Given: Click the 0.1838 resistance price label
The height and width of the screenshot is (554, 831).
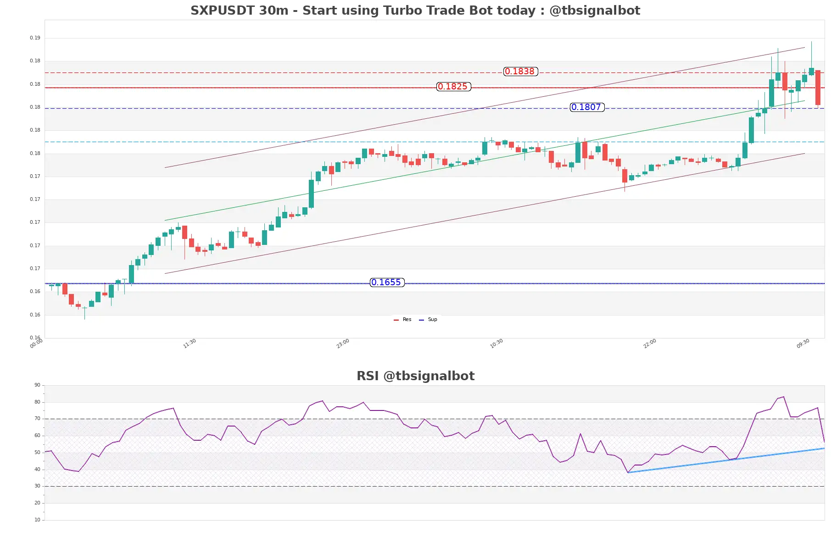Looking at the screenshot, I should pyautogui.click(x=520, y=72).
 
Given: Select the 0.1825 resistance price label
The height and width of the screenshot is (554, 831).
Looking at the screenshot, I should pyautogui.click(x=453, y=87).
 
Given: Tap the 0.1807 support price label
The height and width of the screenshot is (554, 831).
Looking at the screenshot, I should pyautogui.click(x=587, y=107).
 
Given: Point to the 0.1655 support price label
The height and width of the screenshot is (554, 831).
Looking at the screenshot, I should pyautogui.click(x=387, y=283).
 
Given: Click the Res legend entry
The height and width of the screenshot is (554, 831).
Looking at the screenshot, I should pyautogui.click(x=403, y=320).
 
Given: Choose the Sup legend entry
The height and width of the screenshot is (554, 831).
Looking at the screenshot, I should pyautogui.click(x=429, y=320).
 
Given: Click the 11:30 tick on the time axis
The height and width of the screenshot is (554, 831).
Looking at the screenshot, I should pyautogui.click(x=190, y=343).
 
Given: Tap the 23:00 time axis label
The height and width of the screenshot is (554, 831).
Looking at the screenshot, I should pyautogui.click(x=343, y=343).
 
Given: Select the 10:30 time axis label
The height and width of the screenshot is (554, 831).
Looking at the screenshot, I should pyautogui.click(x=496, y=343).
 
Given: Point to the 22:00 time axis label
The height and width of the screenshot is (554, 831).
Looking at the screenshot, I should pyautogui.click(x=650, y=343).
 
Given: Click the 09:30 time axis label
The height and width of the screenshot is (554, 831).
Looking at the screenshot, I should pyautogui.click(x=803, y=343).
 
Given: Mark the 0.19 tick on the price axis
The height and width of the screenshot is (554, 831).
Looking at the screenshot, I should pyautogui.click(x=35, y=38).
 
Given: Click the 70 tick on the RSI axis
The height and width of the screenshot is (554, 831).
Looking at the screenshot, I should pyautogui.click(x=37, y=419).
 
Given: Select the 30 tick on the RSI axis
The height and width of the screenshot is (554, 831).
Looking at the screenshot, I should pyautogui.click(x=37, y=486).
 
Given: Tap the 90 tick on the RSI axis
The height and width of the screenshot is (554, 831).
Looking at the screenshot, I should pyautogui.click(x=37, y=385).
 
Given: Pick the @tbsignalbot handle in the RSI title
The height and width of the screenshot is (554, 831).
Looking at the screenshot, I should pyautogui.click(x=429, y=376).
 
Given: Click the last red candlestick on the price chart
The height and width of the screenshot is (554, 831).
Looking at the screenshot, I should pyautogui.click(x=818, y=88).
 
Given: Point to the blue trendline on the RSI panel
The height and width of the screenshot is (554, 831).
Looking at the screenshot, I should pyautogui.click(x=725, y=460).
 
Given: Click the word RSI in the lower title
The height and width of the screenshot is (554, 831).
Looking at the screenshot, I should pyautogui.click(x=368, y=376).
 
